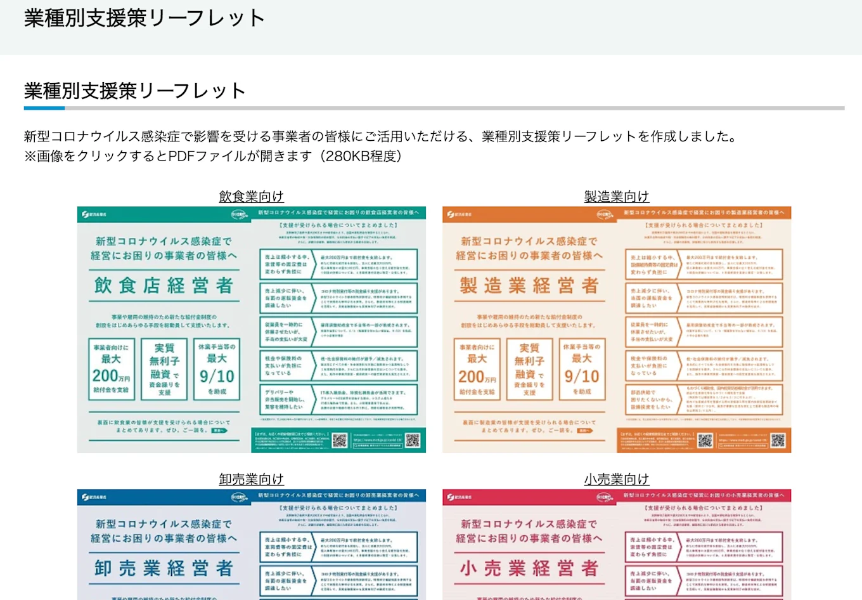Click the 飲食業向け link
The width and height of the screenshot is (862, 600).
(251, 197)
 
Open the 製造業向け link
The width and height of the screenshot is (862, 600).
(616, 197)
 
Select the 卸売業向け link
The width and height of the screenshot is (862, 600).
(251, 479)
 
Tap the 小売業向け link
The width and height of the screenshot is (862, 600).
(616, 479)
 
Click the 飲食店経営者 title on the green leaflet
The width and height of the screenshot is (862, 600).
(164, 286)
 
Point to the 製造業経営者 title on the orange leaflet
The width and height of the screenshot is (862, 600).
(529, 286)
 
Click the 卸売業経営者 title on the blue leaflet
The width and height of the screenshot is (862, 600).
(164, 568)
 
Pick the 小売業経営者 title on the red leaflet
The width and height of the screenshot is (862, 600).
(529, 568)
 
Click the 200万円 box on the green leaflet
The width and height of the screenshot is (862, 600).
(112, 369)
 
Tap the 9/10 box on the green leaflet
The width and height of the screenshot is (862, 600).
(217, 369)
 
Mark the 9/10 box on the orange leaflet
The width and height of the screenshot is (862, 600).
(582, 369)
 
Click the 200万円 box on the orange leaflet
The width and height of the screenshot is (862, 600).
(477, 369)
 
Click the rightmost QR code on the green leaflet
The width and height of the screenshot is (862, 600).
(413, 440)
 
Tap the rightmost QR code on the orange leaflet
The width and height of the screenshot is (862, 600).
(778, 440)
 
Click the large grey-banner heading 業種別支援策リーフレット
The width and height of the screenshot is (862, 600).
(145, 18)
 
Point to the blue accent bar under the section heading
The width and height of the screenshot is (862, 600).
(44, 108)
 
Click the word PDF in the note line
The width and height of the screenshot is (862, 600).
(183, 156)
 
